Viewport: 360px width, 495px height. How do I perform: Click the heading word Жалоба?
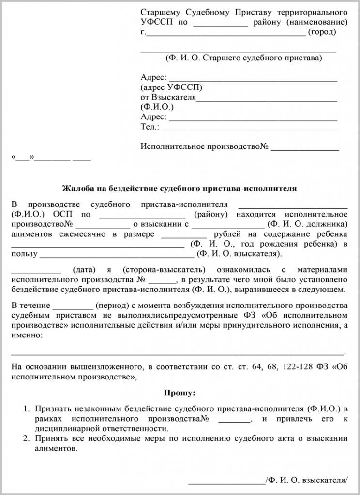pyautogui.click(x=77, y=188)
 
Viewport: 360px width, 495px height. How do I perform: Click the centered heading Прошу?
pyautogui.click(x=180, y=393)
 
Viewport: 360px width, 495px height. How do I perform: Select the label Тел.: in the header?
pyautogui.click(x=150, y=127)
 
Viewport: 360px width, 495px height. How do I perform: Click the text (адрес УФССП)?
pyautogui.click(x=171, y=87)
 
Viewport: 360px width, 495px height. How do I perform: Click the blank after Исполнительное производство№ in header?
pyautogui.click(x=304, y=147)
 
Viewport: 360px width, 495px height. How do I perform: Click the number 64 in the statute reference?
pyautogui.click(x=256, y=366)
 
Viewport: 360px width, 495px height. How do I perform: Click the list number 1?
pyautogui.click(x=27, y=409)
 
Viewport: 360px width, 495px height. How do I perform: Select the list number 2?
pyautogui.click(x=27, y=438)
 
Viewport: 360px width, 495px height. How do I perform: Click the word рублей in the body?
pyautogui.click(x=223, y=234)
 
